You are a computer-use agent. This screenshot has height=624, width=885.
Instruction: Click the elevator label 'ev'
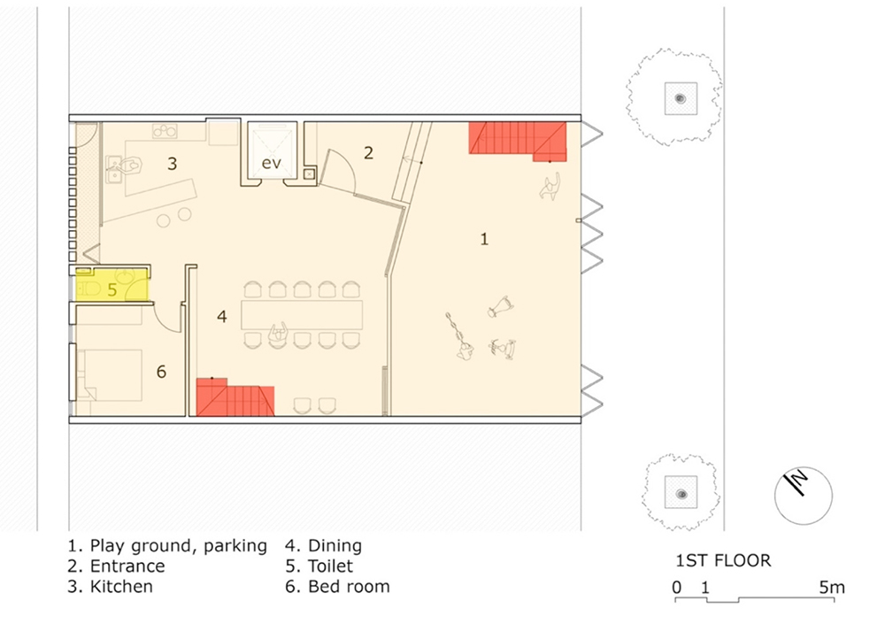(271, 163)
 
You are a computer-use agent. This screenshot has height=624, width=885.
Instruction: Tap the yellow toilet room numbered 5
(112, 284)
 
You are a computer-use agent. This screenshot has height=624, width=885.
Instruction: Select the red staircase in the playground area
(518, 139)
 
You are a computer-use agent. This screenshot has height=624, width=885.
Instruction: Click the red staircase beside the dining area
(235, 397)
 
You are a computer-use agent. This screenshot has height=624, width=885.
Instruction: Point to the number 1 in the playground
(484, 239)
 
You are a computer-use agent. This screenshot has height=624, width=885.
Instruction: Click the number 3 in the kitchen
(173, 164)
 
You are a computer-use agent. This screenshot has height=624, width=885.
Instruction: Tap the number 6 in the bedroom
(161, 372)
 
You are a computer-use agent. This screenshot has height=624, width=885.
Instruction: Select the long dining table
(302, 314)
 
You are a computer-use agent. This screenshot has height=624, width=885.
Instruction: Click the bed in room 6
(109, 375)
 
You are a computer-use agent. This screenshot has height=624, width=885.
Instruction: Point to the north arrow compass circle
(803, 496)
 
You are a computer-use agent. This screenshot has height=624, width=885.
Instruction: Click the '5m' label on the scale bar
(832, 588)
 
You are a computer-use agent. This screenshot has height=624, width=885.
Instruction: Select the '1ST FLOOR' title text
(723, 561)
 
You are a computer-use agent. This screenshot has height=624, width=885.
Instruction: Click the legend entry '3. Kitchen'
(110, 586)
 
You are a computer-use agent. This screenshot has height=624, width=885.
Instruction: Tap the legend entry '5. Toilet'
(319, 566)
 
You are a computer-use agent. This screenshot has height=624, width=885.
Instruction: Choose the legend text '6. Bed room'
(337, 586)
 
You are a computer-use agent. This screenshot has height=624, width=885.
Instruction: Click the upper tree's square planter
(681, 99)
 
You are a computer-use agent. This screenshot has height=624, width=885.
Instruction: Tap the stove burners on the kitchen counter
(165, 132)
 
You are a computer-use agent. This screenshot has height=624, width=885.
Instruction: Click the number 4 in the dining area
(222, 316)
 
